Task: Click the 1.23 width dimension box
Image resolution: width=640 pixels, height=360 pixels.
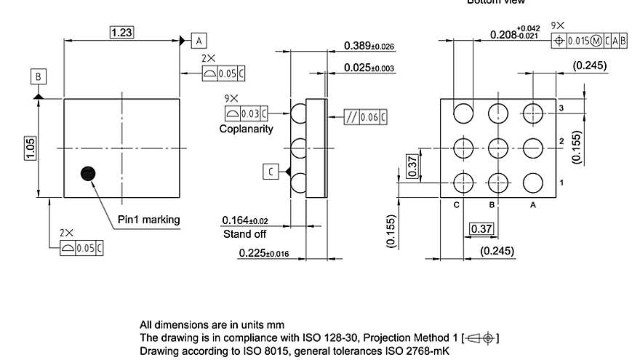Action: pyautogui.click(x=121, y=32)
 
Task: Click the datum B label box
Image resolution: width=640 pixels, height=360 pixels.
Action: pyautogui.click(x=39, y=76)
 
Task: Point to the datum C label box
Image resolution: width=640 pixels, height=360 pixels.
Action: pyautogui.click(x=271, y=171)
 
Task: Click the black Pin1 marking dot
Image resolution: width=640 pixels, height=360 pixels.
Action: pyautogui.click(x=89, y=172)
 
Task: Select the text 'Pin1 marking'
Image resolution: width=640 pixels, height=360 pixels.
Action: pyautogui.click(x=148, y=219)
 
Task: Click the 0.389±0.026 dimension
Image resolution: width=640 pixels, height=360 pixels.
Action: pyautogui.click(x=369, y=47)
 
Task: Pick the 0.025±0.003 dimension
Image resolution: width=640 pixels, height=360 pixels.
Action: pyautogui.click(x=369, y=68)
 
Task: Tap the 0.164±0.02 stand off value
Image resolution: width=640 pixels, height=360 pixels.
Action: pyautogui.click(x=245, y=220)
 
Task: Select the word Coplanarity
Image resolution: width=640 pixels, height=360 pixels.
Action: pyautogui.click(x=247, y=129)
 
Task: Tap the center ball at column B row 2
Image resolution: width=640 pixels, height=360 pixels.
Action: pyautogui.click(x=497, y=147)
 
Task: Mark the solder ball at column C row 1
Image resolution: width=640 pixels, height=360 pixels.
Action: pyautogui.click(x=462, y=181)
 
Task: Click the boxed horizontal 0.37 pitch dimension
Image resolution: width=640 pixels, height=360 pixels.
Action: pyautogui.click(x=481, y=229)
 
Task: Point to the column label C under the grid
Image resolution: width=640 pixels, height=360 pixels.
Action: pyautogui.click(x=457, y=205)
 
